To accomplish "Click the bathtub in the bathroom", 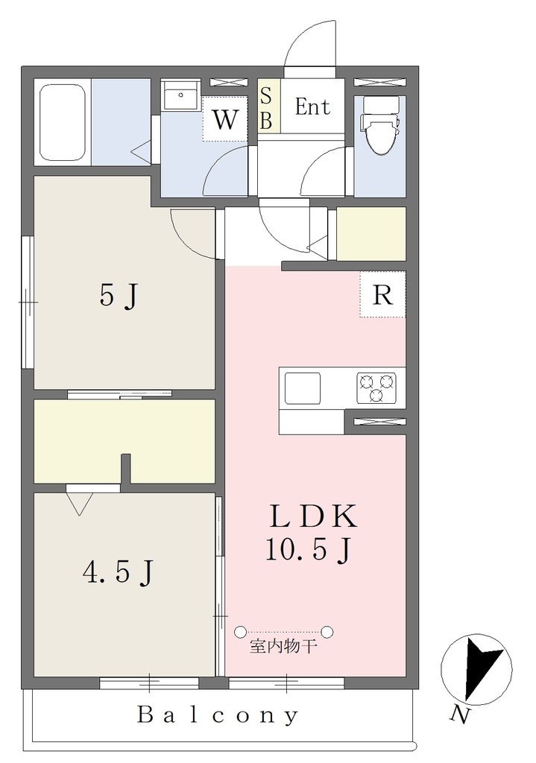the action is pos(63,123).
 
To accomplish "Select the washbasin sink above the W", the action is pos(180,96).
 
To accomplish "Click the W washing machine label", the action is pos(225,119).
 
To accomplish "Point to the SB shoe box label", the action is pos(266,108).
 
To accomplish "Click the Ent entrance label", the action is pos(312,107).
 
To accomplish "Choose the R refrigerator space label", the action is pos(382,294).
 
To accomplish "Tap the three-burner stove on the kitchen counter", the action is pos(374,387).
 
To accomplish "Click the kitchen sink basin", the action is pos(303,388).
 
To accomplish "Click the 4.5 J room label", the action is pos(119,572).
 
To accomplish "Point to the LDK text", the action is pos(314,517).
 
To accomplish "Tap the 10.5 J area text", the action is pos(309,550).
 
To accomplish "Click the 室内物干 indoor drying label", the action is pos(283,646).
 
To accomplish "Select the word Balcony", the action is pos(218,715).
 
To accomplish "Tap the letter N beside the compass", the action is pos(460,715).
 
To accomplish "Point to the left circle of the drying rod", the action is pos(239,632).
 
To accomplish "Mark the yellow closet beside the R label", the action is pos(371,234).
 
